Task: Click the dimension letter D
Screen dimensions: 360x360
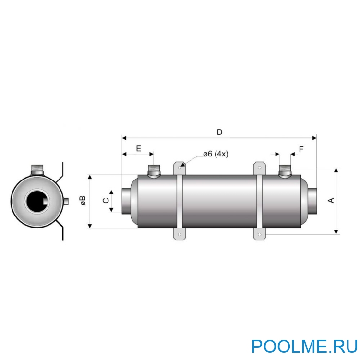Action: point(219,132)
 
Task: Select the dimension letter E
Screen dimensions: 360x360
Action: point(138,149)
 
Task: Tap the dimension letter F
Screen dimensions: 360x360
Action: point(301,149)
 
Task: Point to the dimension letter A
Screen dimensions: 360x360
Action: point(331,200)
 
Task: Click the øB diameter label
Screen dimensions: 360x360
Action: point(83,201)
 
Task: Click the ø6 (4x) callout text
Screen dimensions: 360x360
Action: point(216,154)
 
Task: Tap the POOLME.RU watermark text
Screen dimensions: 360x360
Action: point(305,346)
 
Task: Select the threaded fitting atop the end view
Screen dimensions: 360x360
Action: point(37,169)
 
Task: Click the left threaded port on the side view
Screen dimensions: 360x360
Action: point(154,170)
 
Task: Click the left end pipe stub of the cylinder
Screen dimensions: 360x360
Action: point(126,201)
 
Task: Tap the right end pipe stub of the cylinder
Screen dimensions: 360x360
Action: point(312,201)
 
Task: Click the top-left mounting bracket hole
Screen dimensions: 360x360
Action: point(180,168)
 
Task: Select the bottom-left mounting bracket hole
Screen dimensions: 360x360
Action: point(180,235)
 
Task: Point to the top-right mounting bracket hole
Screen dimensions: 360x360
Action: point(260,168)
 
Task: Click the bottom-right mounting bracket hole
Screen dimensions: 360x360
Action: point(260,235)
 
